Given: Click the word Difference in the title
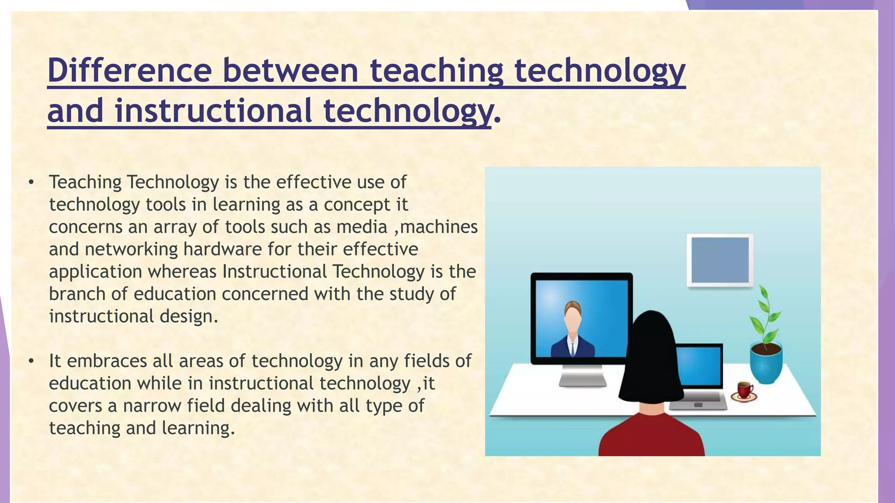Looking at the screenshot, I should click(x=129, y=71).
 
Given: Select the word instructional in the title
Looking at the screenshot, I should click(x=214, y=111).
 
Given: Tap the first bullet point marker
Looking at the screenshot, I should click(x=31, y=183).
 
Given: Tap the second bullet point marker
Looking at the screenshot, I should click(x=31, y=362).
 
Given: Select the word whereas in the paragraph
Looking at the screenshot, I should click(x=182, y=272).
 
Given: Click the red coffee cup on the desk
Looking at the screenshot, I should click(x=744, y=389).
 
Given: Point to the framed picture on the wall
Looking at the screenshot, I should click(x=720, y=260).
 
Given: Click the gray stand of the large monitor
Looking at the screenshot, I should click(x=583, y=376).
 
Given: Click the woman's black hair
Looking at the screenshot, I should click(x=651, y=358).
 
